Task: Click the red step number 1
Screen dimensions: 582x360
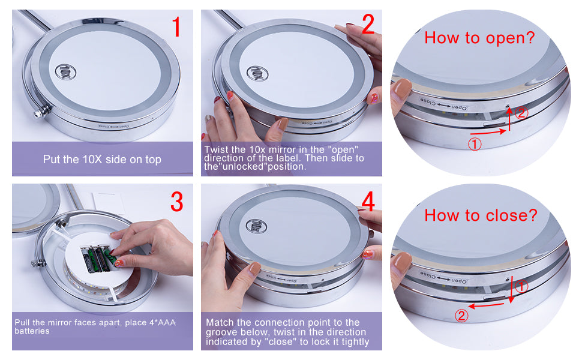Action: (x=176, y=27)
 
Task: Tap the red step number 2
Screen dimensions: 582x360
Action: (x=368, y=24)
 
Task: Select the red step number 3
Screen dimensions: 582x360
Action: (x=177, y=202)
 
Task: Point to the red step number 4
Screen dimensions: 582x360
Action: (x=368, y=202)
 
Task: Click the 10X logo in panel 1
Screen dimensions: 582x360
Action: (x=65, y=71)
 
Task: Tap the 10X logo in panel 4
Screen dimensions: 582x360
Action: (x=257, y=226)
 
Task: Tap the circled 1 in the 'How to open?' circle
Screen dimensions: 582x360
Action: (x=475, y=144)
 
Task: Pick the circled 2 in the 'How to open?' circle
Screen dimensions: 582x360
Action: (x=521, y=113)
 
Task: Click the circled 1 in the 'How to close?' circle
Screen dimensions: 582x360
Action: (x=521, y=286)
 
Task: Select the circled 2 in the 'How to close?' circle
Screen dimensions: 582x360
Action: (x=461, y=316)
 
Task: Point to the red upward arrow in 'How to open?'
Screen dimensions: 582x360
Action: (x=509, y=118)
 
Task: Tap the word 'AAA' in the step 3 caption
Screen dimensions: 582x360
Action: (x=167, y=323)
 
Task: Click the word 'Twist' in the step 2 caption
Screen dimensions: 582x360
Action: (x=215, y=149)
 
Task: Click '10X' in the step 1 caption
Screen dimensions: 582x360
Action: (x=92, y=160)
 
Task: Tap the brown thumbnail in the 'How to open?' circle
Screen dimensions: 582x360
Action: (x=401, y=89)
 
